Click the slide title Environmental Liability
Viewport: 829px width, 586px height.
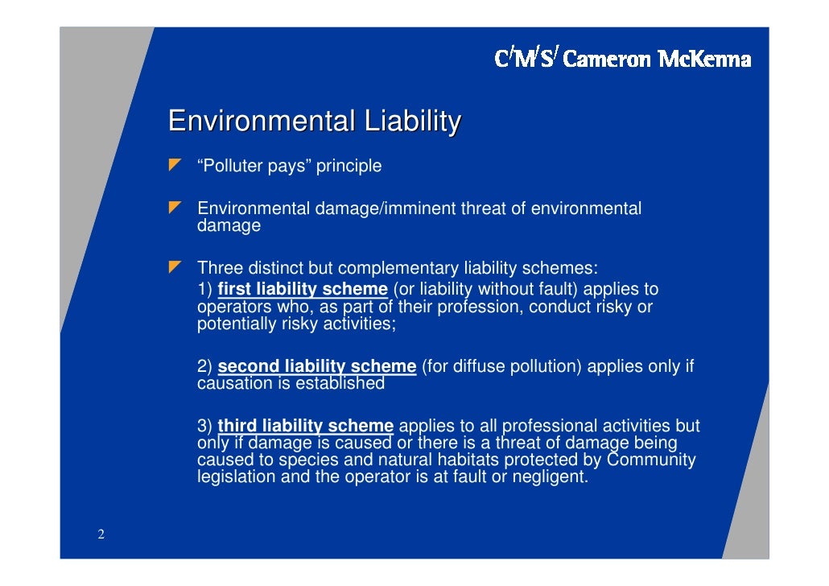[314, 122]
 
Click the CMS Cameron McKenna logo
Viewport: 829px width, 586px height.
[622, 58]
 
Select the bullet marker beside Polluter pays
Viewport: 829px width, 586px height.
[175, 166]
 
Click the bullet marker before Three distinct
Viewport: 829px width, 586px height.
[175, 266]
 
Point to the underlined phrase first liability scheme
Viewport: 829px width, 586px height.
[303, 289]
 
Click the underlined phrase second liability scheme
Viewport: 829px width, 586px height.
[316, 366]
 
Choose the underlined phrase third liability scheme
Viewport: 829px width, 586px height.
[305, 426]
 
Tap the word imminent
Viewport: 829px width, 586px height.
[423, 209]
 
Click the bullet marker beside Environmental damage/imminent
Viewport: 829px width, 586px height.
[175, 208]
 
